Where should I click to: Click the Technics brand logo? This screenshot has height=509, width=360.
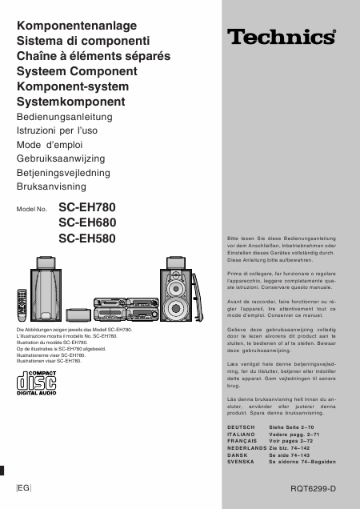point(279,36)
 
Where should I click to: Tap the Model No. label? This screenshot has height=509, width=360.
point(33,209)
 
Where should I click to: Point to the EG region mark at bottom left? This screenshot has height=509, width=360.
point(23,487)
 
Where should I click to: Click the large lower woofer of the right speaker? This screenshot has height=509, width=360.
point(178,308)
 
